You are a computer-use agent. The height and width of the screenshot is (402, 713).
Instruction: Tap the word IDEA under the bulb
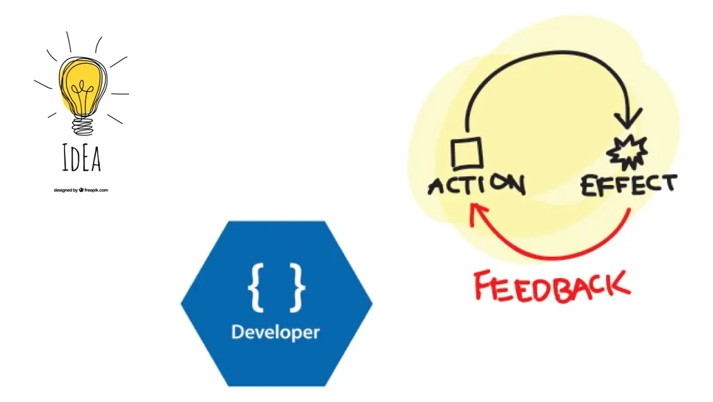(x=82, y=159)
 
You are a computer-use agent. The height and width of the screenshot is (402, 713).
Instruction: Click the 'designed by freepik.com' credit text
(x=81, y=190)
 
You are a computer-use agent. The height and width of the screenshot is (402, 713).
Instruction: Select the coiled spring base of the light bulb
(x=82, y=126)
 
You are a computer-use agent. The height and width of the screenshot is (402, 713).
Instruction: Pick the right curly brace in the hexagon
(x=297, y=288)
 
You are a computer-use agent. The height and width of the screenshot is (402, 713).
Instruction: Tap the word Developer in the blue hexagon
(x=276, y=332)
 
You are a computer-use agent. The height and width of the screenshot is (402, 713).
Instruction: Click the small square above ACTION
(x=467, y=153)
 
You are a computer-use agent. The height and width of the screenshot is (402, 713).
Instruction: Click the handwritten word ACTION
(x=476, y=185)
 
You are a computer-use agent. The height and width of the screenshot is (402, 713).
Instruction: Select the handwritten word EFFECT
(x=628, y=185)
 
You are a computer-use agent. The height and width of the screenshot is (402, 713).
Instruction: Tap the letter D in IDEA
(x=76, y=160)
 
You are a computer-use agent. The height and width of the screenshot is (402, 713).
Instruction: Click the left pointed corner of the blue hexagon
(x=183, y=304)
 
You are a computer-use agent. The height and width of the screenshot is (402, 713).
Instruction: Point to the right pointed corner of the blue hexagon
(x=371, y=304)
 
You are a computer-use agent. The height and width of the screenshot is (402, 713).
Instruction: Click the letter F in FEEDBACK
(x=484, y=288)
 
